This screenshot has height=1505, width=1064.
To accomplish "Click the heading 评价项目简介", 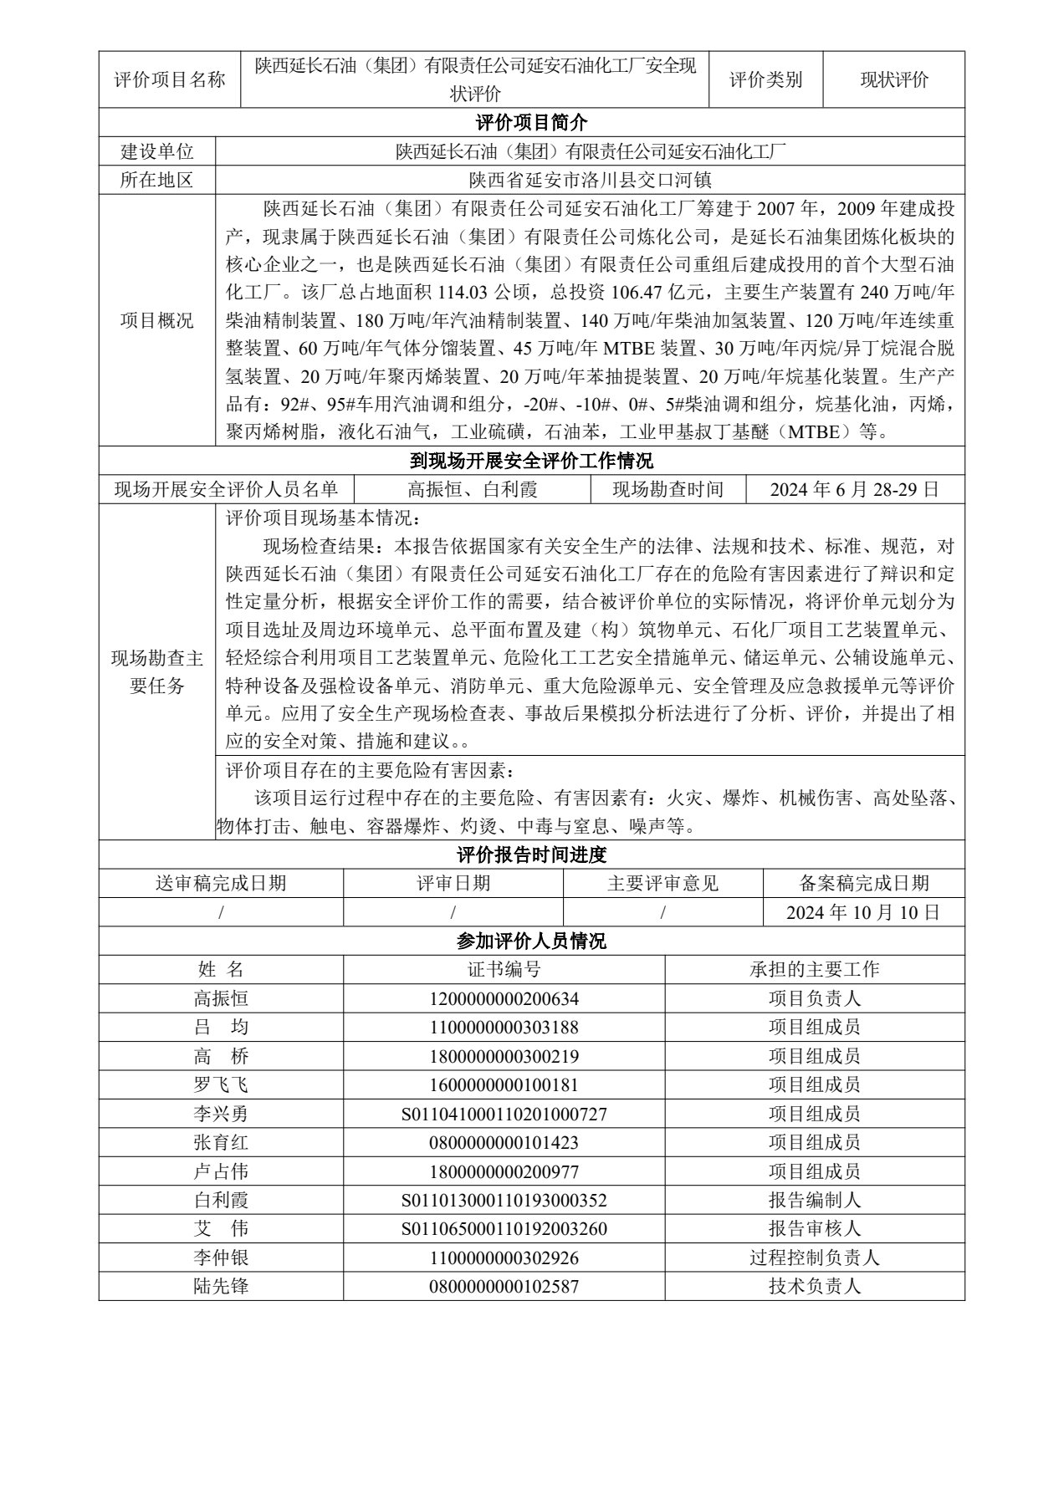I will [x=531, y=123].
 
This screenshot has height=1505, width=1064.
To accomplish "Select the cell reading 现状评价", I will [x=893, y=80].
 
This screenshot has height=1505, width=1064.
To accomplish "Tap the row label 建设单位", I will [x=157, y=151].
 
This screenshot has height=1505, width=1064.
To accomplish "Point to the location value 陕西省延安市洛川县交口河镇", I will [x=590, y=180].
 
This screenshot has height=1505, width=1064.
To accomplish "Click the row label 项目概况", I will [x=157, y=321].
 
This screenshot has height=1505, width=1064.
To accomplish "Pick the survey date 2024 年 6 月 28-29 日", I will [x=854, y=489].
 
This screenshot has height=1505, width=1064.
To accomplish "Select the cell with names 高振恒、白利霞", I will [x=472, y=489].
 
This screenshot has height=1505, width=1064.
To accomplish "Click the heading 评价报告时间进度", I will [x=531, y=855].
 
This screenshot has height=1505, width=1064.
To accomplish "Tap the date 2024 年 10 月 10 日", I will [x=863, y=912].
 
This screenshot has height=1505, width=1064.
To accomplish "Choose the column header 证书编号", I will [x=504, y=969].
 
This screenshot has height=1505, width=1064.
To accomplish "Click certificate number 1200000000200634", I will [x=504, y=998].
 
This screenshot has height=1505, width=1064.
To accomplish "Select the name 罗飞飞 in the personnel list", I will [x=221, y=1084].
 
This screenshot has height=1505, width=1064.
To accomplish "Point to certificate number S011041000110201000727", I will [x=504, y=1114].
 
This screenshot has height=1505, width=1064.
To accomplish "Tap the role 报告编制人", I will [x=814, y=1200].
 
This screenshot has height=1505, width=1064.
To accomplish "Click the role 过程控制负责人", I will [x=814, y=1258].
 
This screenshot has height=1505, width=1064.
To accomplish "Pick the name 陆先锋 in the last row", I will [x=221, y=1286].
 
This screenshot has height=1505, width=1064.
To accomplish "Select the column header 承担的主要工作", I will [x=814, y=969].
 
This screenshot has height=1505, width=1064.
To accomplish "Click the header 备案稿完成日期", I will [x=863, y=884].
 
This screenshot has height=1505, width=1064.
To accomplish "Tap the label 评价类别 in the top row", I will [x=765, y=80].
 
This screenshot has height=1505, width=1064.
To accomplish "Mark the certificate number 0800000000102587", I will [x=504, y=1286].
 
